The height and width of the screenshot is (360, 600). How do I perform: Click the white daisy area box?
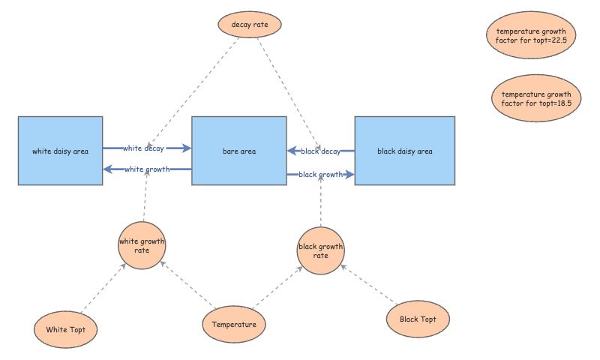click(61, 151)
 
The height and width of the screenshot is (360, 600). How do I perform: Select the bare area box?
click(239, 151)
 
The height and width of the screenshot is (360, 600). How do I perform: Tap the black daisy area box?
click(405, 151)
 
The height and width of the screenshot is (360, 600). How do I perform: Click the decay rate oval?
click(250, 25)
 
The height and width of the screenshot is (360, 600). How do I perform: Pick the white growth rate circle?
click(142, 245)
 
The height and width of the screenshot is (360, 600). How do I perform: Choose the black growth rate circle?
click(321, 251)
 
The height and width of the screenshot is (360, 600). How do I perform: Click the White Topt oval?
click(65, 329)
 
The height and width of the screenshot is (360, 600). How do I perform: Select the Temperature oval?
click(234, 325)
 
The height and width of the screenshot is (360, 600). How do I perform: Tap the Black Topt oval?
click(418, 319)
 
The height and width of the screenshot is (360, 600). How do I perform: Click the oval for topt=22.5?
click(531, 35)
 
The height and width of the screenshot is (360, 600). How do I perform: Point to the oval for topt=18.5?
click(536, 98)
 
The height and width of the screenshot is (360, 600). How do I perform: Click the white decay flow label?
click(143, 148)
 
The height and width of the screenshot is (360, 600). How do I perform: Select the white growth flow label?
click(147, 169)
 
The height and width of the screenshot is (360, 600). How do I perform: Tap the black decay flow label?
click(321, 151)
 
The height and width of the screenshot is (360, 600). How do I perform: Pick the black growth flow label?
click(321, 175)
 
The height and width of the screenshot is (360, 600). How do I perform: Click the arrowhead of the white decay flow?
click(187, 148)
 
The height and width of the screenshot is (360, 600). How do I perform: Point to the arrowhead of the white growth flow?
click(108, 169)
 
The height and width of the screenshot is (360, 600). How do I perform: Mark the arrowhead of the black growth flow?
click(349, 175)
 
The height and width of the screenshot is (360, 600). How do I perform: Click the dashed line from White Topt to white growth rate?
click(103, 288)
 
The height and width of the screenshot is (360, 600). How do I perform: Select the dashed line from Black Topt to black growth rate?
click(369, 284)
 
